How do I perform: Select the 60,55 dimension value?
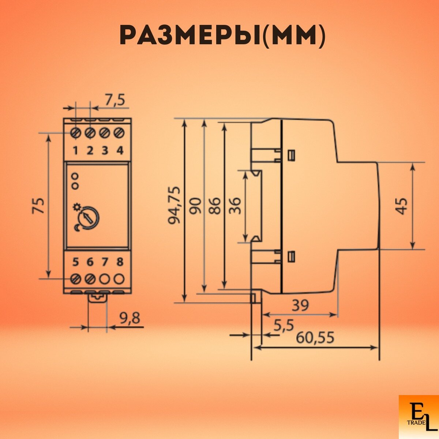315,337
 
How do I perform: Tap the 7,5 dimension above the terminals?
115,100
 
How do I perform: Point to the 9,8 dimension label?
130,319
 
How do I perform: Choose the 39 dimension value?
300,305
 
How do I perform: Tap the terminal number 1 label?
76,150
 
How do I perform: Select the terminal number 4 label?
120,150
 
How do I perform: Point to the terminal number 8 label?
120,262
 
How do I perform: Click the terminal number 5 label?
76,262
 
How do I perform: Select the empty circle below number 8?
119,279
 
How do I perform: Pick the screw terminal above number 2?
90,132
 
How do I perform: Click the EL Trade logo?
418,417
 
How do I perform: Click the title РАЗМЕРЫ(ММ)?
222,36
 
